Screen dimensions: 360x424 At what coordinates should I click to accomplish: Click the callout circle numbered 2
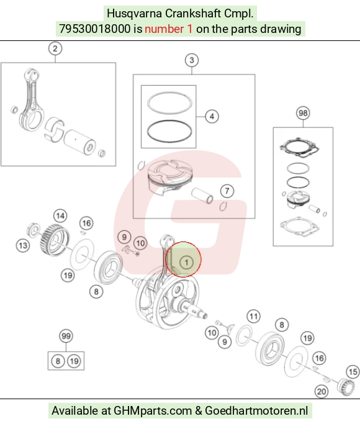55,48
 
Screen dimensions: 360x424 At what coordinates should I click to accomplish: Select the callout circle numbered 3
192,60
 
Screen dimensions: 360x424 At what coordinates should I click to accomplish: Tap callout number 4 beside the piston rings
212,117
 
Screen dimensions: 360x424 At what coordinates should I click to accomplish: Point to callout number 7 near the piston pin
227,191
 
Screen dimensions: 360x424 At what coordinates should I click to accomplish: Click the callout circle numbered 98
303,113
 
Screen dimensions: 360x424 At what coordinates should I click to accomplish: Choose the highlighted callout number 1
186,263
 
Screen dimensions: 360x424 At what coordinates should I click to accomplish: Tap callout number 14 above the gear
60,216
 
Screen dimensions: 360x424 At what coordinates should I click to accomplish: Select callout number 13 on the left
23,246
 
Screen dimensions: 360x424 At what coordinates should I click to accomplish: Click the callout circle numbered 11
253,317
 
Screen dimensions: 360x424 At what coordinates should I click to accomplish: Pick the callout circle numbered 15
353,372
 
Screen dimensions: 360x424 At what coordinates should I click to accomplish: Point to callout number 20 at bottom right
322,391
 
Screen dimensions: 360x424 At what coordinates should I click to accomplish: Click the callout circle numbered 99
66,336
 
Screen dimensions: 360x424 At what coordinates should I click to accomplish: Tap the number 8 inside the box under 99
58,361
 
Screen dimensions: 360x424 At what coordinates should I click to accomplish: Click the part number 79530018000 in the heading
95,29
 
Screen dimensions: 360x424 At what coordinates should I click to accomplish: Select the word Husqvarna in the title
134,14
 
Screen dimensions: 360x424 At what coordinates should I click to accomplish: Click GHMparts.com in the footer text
153,410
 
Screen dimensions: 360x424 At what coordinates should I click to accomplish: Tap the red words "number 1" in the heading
169,29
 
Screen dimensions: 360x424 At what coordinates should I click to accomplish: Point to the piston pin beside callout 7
202,196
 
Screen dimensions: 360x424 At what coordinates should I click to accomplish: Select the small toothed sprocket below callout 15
346,387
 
